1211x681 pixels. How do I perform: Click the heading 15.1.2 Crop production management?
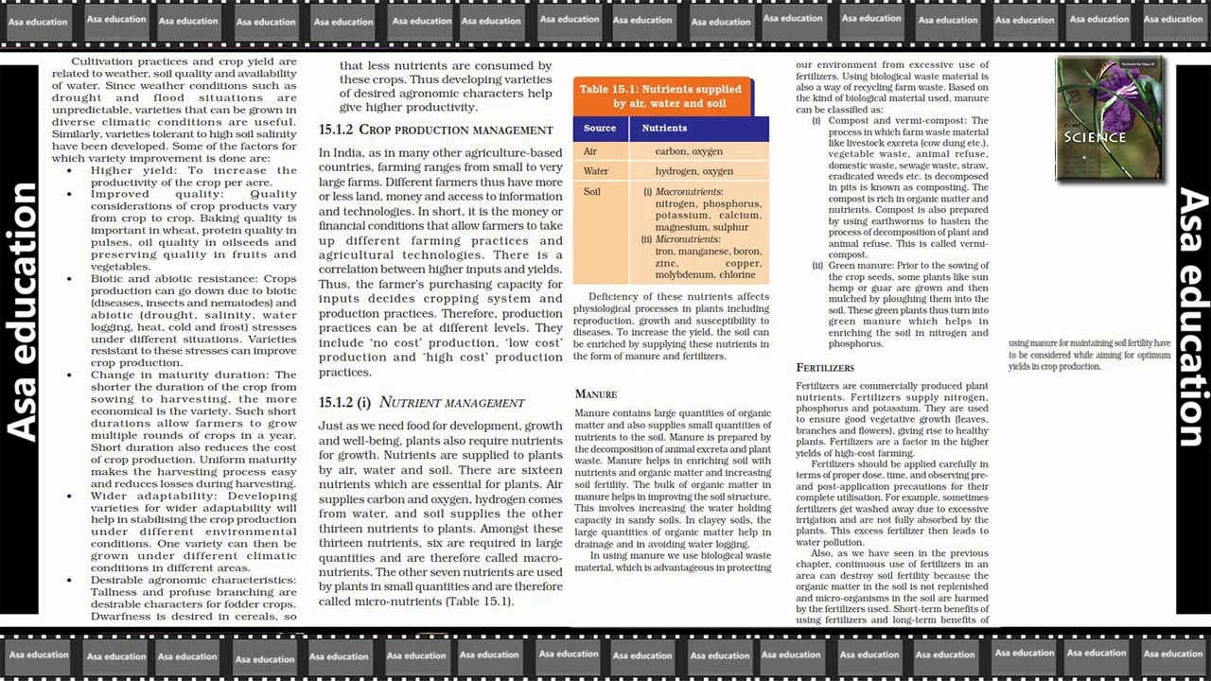click(435, 130)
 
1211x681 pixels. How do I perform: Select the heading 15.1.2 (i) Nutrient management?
click(421, 402)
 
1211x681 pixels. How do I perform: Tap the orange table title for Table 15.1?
click(661, 96)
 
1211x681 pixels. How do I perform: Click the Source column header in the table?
click(600, 128)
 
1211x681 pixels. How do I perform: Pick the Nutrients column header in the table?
click(664, 128)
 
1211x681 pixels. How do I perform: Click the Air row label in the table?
click(590, 151)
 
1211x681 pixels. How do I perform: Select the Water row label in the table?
click(596, 171)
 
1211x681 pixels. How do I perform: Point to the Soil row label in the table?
click(592, 192)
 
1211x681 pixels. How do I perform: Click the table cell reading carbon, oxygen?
click(689, 151)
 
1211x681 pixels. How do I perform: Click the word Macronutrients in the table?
click(689, 192)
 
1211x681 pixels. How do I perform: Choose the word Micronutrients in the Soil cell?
click(688, 239)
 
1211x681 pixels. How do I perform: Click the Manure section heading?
click(596, 393)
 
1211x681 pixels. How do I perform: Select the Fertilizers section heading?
click(825, 367)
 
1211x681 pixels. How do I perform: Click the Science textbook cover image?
click(1109, 118)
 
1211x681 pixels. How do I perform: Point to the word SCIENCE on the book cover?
click(1095, 137)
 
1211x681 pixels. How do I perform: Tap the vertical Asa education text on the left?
click(23, 312)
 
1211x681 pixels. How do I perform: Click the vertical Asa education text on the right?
click(1192, 318)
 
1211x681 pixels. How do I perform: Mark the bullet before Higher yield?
click(69, 171)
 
